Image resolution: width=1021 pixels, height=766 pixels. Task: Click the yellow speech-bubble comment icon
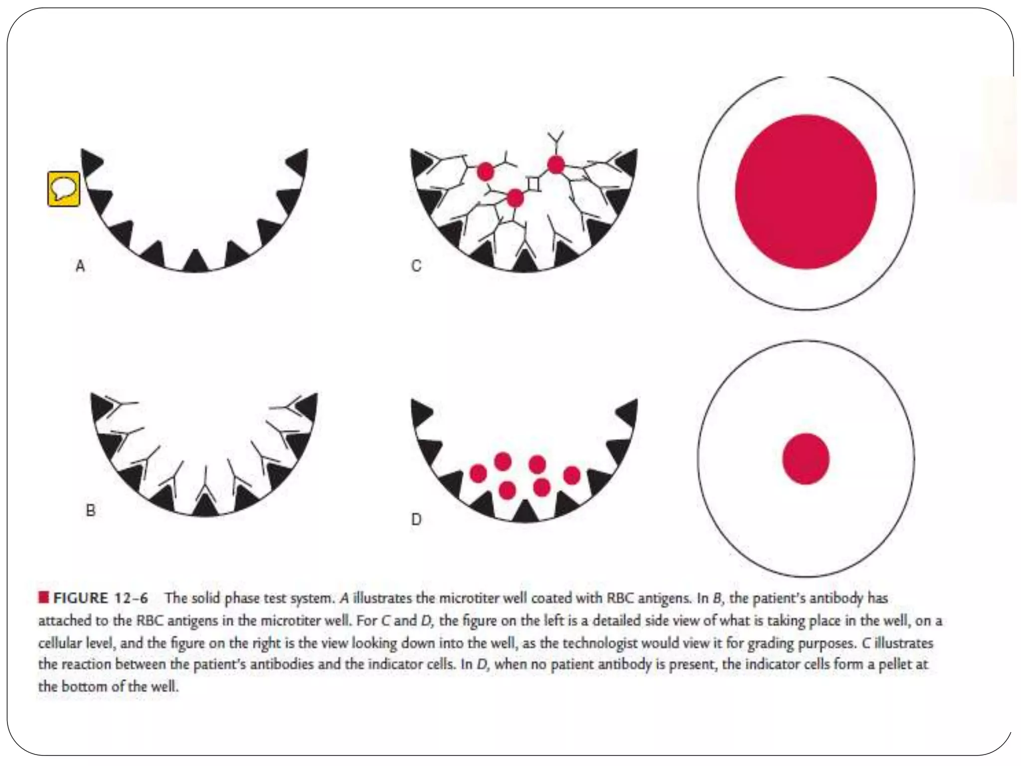pos(63,189)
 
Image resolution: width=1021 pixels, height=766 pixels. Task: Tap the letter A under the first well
pos(80,266)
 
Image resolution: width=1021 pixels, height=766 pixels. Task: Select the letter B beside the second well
pos(91,510)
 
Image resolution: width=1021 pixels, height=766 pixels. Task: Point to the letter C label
pos(416,266)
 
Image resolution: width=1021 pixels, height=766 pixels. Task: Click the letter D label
pos(416,520)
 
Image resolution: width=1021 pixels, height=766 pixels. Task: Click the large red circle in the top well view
pos(806,192)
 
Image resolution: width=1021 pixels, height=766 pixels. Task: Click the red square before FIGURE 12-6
pos(43,597)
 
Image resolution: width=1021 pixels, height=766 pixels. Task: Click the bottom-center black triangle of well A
pos(195,261)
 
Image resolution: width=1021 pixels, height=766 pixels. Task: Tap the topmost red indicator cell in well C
pos(556,164)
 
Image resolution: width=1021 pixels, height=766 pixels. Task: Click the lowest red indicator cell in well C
pos(515,198)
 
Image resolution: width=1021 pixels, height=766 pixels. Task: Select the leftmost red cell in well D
pos(478,473)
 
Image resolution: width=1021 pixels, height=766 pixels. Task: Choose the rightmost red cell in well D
pos(572,475)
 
